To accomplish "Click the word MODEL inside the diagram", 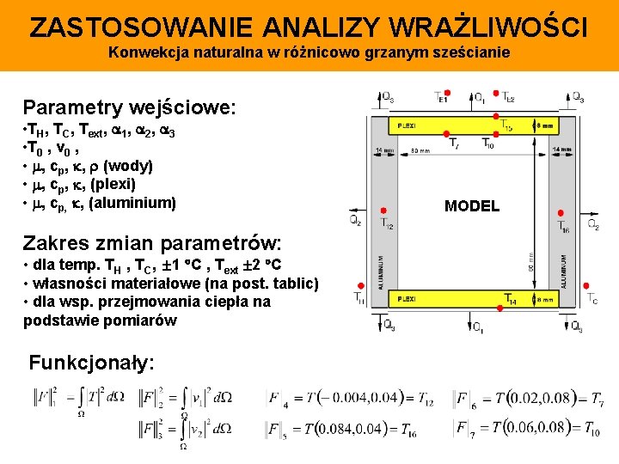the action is coord(471,206).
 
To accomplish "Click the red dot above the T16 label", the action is coord(560,213).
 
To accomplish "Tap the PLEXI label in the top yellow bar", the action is coord(406,125).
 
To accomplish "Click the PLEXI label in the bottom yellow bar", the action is coord(406,299).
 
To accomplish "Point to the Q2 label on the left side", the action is coord(355,220).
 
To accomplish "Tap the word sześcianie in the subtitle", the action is coord(478,52).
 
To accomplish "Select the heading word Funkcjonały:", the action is coord(92,363).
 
